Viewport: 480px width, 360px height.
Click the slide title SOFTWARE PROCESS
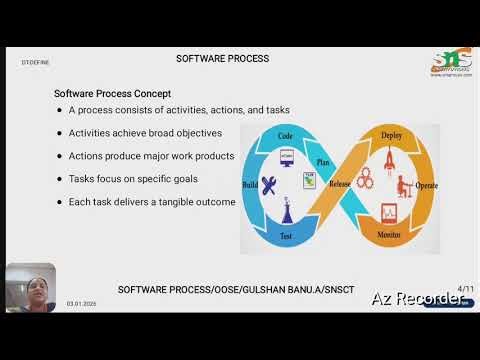pyautogui.click(x=222, y=58)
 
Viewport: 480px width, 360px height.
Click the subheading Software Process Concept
pyautogui.click(x=111, y=93)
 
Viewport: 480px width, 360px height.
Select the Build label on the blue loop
pyautogui.click(x=252, y=184)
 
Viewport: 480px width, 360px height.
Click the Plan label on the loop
pyautogui.click(x=323, y=160)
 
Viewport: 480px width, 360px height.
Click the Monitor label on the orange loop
pyautogui.click(x=391, y=234)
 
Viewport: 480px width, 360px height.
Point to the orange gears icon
pyautogui.click(x=365, y=184)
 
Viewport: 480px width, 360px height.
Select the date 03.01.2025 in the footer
pyautogui.click(x=81, y=303)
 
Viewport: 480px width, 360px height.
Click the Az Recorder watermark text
pyautogui.click(x=418, y=298)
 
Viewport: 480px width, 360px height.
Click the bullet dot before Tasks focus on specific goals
pyautogui.click(x=59, y=179)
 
